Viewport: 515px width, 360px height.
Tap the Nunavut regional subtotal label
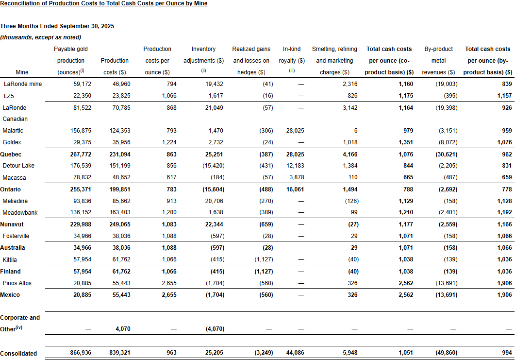coord(12,224)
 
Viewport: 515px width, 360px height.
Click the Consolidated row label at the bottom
coord(18,353)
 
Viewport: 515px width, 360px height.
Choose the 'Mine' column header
coord(22,72)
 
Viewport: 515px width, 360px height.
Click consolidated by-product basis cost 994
coord(507,353)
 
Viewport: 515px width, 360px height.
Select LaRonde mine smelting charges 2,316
coord(349,84)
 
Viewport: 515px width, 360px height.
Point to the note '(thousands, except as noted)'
coord(41,37)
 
